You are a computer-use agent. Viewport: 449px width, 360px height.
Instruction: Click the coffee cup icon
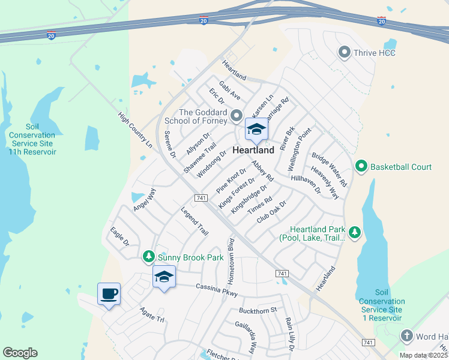coord(109,294)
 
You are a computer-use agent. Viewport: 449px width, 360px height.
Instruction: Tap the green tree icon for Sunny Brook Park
coord(148,257)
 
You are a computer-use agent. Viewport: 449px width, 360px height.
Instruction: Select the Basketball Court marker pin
coord(361,166)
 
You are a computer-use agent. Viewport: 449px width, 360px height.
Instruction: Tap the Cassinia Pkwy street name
coord(217,290)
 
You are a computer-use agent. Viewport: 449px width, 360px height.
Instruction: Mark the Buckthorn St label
coord(257,310)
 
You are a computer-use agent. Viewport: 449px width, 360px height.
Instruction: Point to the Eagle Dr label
coord(119,236)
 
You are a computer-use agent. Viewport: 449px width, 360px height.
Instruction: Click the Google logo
coord(20,353)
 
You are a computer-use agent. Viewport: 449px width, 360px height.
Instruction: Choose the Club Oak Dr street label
coord(272,212)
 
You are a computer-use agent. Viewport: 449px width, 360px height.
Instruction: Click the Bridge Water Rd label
coord(330,169)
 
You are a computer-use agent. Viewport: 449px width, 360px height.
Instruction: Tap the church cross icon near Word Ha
coord(407,336)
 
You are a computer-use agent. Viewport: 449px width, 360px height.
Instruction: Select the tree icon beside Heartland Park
coord(355,233)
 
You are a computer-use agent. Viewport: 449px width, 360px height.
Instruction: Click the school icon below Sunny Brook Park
coord(164,277)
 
